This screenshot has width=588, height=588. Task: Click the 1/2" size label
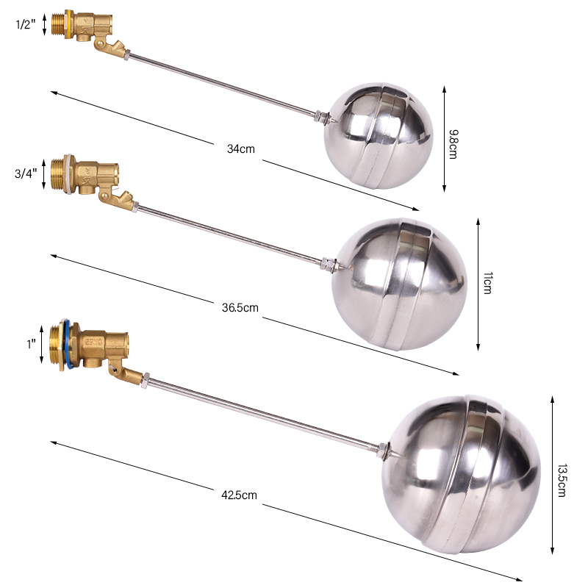pyautogui.click(x=25, y=24)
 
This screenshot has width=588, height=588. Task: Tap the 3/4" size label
pyautogui.click(x=25, y=174)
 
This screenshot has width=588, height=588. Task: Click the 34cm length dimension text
pyautogui.click(x=240, y=148)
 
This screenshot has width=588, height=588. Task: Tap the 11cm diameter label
pyautogui.click(x=487, y=282)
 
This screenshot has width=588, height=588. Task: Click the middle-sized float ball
pyautogui.click(x=400, y=283)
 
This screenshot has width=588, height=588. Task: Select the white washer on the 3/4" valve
pyautogui.click(x=72, y=174)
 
